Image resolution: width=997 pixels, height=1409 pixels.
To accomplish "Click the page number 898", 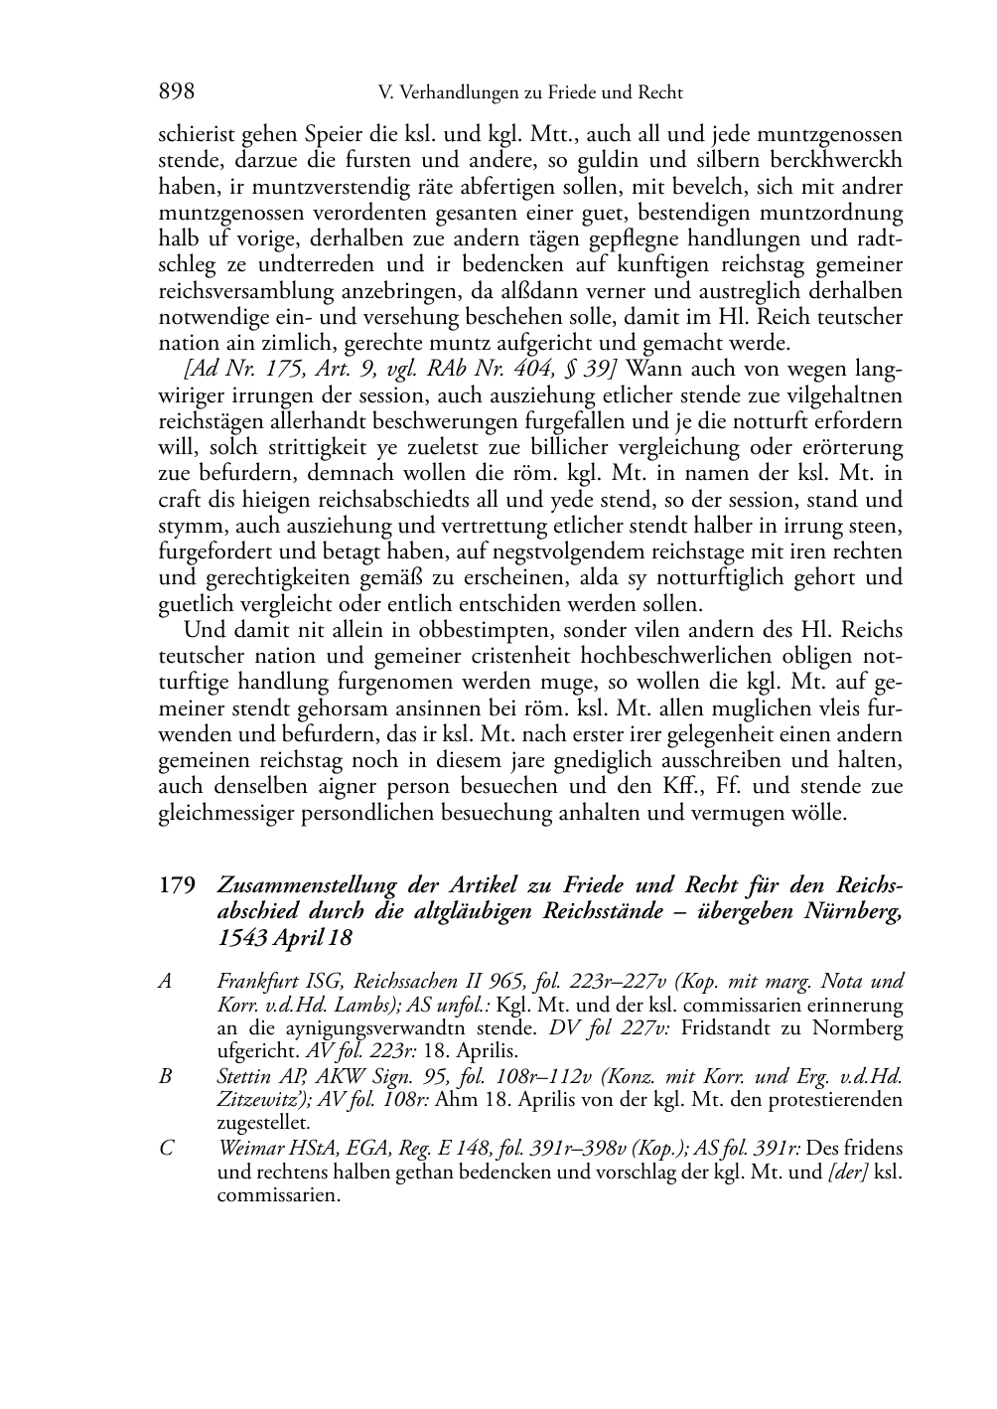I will click(x=176, y=93).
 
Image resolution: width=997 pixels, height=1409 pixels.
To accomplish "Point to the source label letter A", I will click(x=166, y=982).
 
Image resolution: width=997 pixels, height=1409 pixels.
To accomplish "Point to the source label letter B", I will click(x=166, y=1076).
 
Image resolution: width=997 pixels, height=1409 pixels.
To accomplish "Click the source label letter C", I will click(x=166, y=1149).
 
